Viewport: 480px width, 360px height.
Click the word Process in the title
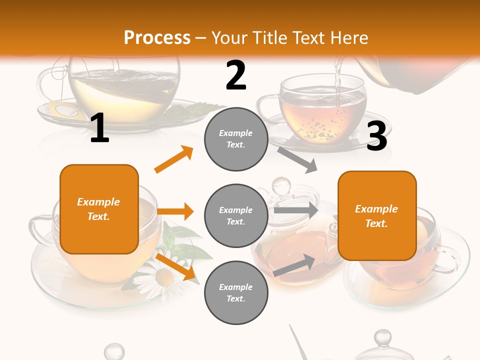[x=157, y=38]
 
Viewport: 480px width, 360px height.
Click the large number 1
[x=99, y=128]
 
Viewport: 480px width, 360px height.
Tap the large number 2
[x=236, y=75]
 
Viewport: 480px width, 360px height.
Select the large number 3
[x=376, y=136]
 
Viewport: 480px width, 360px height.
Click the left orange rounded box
[x=99, y=209]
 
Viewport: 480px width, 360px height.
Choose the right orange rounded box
[x=377, y=216]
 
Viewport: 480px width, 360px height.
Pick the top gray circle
[x=236, y=139]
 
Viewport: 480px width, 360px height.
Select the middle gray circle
[x=236, y=215]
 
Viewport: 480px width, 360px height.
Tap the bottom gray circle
[x=236, y=292]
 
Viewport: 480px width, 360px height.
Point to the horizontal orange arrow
[x=175, y=211]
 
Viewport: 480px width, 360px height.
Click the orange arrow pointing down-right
[x=175, y=266]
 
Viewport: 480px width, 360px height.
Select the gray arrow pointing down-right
[x=298, y=159]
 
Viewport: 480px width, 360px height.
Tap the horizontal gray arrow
[x=296, y=210]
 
